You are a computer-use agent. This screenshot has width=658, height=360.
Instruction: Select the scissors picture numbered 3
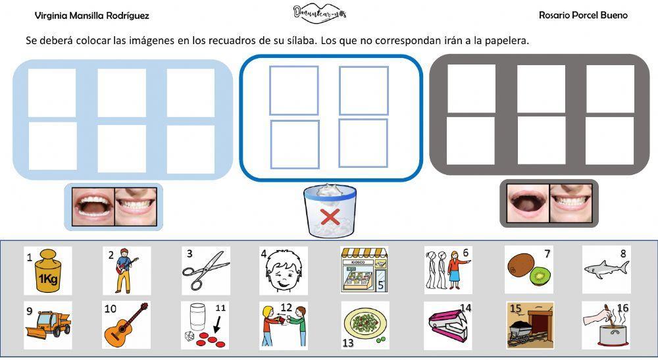coord(205,270)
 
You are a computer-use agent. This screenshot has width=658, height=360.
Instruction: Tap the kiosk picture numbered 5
coord(364,270)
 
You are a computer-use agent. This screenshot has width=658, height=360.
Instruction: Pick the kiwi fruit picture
coord(528,270)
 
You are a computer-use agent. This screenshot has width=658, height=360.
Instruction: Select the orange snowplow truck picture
coord(48,324)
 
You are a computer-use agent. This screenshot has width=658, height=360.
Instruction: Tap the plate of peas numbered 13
coord(365,325)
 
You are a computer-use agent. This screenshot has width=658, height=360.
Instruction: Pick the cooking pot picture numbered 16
coord(606,325)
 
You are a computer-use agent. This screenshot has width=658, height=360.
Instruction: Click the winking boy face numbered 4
coord(284,270)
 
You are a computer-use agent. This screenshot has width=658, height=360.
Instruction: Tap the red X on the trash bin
coord(330,217)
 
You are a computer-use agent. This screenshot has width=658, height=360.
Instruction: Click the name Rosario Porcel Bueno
coord(583,15)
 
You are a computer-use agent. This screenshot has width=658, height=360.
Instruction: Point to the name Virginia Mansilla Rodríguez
coord(91,16)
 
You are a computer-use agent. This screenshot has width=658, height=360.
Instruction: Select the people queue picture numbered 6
coord(447,270)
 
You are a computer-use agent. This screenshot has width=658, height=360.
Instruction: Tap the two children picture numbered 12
coord(284,325)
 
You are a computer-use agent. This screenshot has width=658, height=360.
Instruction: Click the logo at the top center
coord(319,13)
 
